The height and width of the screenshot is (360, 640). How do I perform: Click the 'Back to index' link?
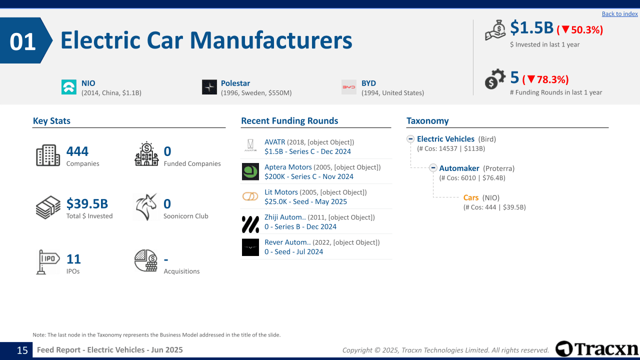pos(619,14)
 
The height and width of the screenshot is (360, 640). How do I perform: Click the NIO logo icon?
pos(69,87)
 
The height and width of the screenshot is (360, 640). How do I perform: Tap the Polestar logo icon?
pos(209,87)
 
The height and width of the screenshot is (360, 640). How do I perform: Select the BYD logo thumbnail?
pos(349,87)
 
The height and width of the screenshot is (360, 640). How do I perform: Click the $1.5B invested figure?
pos(531,28)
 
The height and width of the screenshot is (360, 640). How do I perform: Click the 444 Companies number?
pos(77,151)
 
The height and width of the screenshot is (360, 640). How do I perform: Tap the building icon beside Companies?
pos(48,155)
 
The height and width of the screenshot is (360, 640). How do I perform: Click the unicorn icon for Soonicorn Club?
pos(146,207)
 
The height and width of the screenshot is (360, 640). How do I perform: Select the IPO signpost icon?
pos(48,261)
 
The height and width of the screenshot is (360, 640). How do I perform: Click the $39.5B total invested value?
pos(87,203)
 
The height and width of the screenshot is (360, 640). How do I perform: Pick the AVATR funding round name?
pos(274,142)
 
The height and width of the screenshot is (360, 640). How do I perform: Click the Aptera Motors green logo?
pos(250,171)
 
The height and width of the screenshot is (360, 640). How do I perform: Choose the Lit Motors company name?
pos(281,192)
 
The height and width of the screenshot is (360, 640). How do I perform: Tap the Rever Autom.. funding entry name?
pos(287,242)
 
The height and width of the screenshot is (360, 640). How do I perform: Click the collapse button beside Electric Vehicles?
pos(410,139)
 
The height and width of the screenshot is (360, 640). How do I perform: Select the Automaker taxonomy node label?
pos(459,168)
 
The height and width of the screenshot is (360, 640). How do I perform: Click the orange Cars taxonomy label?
pos(471,197)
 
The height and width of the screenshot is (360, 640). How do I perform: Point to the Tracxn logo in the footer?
pos(597,348)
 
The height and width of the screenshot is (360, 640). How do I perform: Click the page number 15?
pos(22,350)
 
